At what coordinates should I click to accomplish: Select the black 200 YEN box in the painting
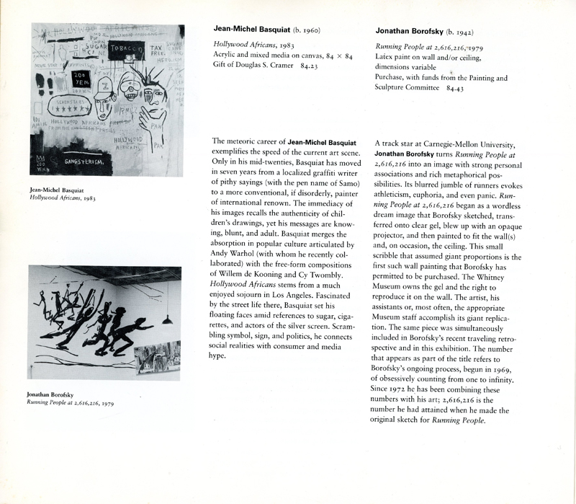(x=81, y=77)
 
